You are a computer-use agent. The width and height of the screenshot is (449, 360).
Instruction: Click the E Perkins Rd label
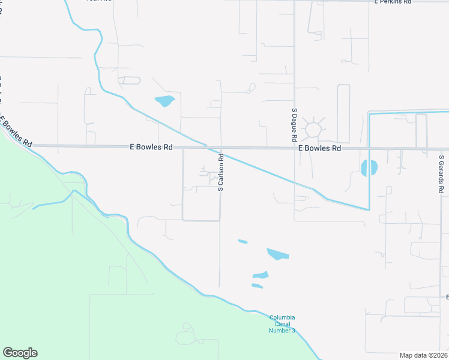coord(393,2)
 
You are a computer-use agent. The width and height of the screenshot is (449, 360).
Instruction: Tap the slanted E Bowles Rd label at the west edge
coord(16,133)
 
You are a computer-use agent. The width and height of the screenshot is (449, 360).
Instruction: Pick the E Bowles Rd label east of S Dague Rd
coord(319,148)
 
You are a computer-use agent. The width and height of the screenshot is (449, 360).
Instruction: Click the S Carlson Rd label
coord(221,173)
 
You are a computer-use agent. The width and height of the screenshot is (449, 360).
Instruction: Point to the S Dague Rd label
coord(294,125)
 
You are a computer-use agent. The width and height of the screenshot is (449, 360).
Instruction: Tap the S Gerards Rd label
coord(441,174)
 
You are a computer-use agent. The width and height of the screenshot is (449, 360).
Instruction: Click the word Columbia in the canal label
coord(282,317)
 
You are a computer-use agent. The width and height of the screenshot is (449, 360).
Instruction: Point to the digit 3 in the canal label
coord(294,331)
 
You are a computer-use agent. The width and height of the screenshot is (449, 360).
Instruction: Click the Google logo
coord(20,353)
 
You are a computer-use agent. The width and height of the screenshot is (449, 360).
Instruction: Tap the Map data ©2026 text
coord(424,355)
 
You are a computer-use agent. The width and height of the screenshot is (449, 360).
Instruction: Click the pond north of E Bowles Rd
coord(164,101)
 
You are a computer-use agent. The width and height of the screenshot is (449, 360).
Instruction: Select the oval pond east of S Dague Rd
coord(369,168)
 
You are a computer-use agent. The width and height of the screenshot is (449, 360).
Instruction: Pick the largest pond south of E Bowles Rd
coord(277,254)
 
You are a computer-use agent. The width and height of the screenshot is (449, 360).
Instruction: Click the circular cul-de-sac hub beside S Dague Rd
coord(313,130)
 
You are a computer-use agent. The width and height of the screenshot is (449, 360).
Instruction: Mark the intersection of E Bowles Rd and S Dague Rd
coord(294,148)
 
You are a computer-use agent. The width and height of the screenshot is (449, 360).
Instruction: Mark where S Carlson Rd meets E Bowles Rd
coord(220,147)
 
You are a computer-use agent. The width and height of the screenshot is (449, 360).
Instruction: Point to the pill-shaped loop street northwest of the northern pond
coord(130,80)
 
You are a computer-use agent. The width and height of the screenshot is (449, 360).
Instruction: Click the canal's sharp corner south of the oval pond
coord(369,209)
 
